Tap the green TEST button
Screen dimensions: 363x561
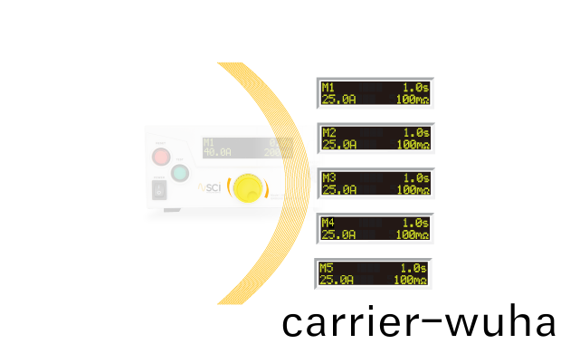coord(180,173)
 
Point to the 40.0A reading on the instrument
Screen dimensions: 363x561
coord(217,152)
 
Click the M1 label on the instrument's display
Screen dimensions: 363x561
coord(209,142)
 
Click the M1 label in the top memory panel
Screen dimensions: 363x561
coord(328,87)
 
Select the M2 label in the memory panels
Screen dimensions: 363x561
coord(328,132)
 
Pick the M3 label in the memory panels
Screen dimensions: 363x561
coord(328,177)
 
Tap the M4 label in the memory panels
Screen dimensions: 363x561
coord(328,223)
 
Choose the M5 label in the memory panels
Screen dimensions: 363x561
coord(327,268)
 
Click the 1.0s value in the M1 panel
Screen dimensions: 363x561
coord(415,87)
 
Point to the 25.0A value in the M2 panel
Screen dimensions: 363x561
coord(339,144)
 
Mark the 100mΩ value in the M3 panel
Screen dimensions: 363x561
coord(412,189)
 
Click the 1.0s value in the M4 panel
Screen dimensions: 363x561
coord(415,223)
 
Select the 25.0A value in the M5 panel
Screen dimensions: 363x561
coord(337,280)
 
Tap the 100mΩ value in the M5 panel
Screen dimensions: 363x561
coord(409,280)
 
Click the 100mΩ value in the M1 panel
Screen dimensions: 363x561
coord(412,99)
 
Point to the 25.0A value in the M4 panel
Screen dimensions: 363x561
coord(338,234)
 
